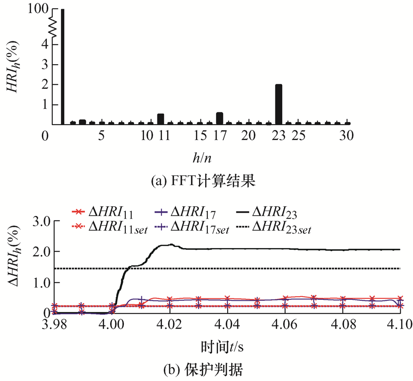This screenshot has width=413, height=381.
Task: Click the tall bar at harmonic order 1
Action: [x=62, y=66]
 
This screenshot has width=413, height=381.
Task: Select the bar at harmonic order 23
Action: [x=279, y=104]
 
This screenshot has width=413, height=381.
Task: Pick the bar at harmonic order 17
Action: [x=219, y=118]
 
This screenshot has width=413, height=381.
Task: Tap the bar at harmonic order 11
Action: [x=161, y=119]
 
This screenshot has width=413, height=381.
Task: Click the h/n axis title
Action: [x=202, y=158]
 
